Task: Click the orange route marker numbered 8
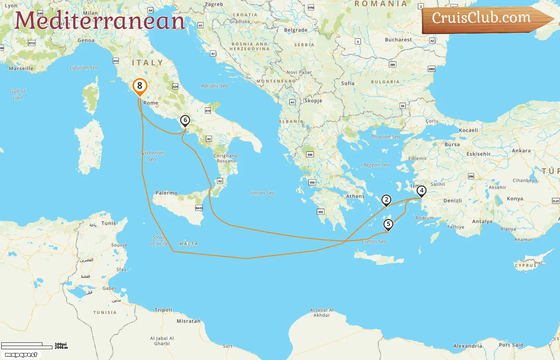(140, 86)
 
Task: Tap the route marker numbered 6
(185, 120)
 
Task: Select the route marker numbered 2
(386, 200)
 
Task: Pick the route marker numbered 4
(421, 191)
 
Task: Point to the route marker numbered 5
(388, 224)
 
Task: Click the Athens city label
(355, 196)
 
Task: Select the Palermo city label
(166, 193)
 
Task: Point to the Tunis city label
(108, 223)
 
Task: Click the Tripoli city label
(163, 310)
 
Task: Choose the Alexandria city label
(468, 346)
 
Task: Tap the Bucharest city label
(398, 40)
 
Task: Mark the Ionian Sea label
(262, 193)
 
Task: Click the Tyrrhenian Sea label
(152, 156)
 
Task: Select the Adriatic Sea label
(214, 86)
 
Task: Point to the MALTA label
(188, 244)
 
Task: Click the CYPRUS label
(525, 265)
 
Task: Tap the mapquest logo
(21, 355)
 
